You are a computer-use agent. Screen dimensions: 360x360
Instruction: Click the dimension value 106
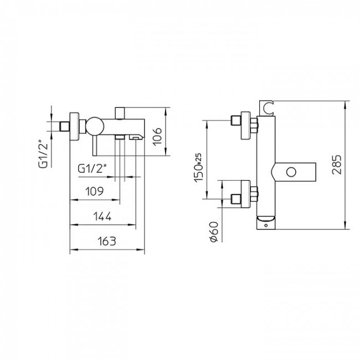click(x=157, y=136)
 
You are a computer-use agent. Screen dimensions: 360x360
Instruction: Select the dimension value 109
click(x=94, y=191)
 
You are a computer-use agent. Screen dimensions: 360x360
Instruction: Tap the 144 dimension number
click(x=102, y=216)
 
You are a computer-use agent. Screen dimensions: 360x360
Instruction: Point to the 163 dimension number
click(x=107, y=241)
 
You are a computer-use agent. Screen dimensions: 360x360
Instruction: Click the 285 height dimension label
click(x=337, y=164)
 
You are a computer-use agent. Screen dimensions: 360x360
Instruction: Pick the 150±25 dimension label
click(x=199, y=168)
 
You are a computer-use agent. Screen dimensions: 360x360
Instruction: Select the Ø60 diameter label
click(x=214, y=232)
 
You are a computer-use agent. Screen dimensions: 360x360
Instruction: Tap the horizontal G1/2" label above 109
click(x=92, y=169)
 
